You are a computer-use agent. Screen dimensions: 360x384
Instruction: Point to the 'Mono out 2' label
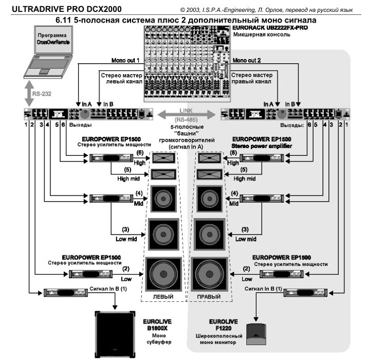point(250,61)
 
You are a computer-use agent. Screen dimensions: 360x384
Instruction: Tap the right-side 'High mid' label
point(247,179)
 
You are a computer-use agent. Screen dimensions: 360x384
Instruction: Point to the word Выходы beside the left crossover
point(81,124)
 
